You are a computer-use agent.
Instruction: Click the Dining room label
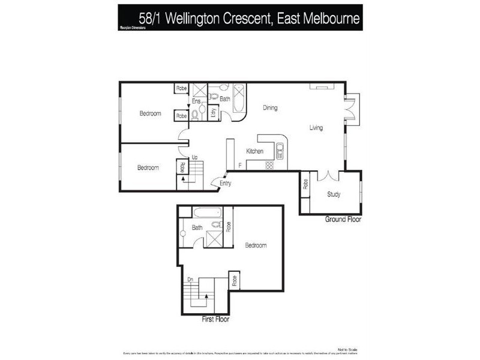pos(270,108)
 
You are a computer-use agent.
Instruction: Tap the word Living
pos(316,127)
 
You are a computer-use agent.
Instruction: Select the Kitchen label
pos(255,151)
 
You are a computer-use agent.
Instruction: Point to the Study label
pos(334,194)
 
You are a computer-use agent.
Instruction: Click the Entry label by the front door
pos(225,184)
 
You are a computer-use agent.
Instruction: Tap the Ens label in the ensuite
pos(196,101)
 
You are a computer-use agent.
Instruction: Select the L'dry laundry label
pos(213,113)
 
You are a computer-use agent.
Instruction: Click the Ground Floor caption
pos(343,220)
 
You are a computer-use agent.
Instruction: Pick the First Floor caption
pos(215,320)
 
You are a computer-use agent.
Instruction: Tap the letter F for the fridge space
pos(240,165)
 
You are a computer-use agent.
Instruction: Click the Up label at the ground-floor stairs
pos(194,157)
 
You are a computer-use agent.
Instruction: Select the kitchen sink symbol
pos(280,151)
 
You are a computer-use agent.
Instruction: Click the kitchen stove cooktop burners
pos(269,165)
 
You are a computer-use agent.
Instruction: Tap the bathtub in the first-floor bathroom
pos(208,212)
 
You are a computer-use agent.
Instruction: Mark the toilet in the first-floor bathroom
pos(217,225)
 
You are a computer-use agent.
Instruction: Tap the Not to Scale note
pos(348,349)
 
